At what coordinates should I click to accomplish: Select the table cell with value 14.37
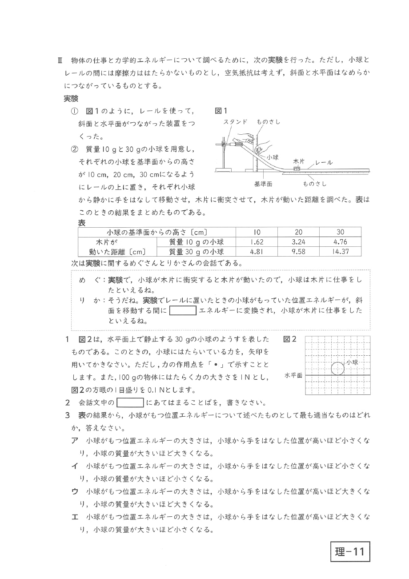341,251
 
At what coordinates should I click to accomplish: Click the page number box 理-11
349,551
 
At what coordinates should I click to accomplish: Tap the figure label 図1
221,111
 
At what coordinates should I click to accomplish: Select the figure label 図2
289,339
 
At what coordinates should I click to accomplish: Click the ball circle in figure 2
338,369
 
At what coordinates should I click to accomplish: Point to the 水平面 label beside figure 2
293,375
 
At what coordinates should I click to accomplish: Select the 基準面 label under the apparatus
263,183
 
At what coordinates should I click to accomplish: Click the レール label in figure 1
324,163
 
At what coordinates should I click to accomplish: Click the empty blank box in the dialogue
183,310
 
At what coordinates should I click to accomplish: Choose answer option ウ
75,492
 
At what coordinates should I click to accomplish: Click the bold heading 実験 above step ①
71,99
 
